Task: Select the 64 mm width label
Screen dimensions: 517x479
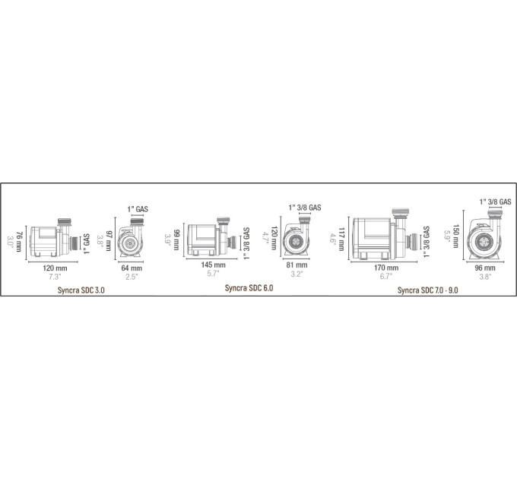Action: point(132,268)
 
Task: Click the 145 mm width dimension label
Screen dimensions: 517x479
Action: point(214,265)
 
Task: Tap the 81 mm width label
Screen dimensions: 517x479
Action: point(297,265)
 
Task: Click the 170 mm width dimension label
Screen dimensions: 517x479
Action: point(385,268)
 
